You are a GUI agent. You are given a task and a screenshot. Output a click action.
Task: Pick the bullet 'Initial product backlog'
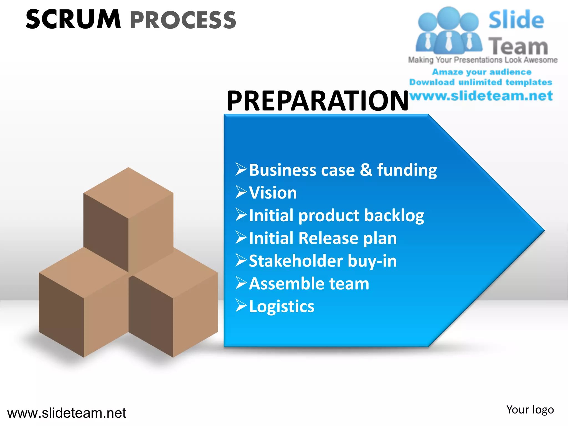(x=336, y=215)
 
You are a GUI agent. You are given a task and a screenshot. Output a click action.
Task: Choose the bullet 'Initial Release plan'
(x=323, y=238)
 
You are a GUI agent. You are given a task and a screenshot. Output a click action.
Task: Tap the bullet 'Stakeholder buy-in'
(x=323, y=261)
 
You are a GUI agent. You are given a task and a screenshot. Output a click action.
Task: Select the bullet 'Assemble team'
(x=309, y=284)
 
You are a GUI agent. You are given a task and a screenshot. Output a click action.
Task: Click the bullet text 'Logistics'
(x=282, y=306)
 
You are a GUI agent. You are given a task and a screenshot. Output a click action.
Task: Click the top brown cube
(x=128, y=211)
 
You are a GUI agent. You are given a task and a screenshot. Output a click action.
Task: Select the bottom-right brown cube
(x=173, y=302)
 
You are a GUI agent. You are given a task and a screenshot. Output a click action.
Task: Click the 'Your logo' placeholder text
(x=530, y=410)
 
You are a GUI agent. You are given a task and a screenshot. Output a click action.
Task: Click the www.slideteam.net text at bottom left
(x=67, y=413)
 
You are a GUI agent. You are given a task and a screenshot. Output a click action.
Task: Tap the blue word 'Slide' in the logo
(x=516, y=20)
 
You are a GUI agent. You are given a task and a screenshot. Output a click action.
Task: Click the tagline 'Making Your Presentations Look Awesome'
(x=483, y=60)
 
